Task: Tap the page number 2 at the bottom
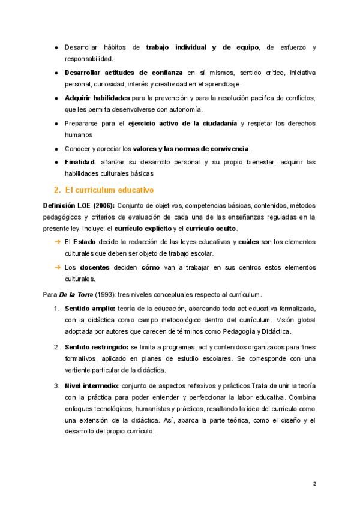(315, 483)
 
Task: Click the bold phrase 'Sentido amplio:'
(86, 309)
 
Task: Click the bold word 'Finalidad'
(80, 163)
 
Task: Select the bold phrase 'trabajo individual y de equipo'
(203, 47)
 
